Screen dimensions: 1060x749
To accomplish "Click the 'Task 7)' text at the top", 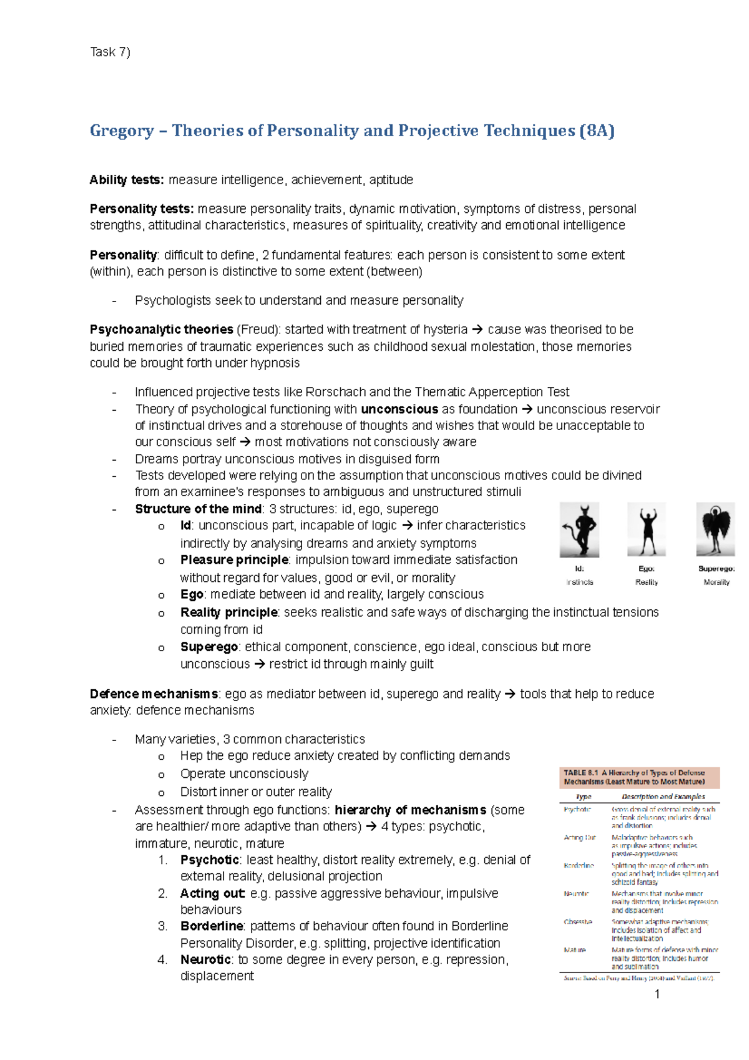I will point(110,52).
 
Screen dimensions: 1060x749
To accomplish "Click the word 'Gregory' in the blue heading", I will point(122,130).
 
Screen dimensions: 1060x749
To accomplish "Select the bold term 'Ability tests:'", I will point(127,180).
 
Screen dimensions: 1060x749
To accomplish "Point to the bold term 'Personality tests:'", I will point(142,209).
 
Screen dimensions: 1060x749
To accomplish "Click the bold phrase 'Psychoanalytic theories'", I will point(161,330).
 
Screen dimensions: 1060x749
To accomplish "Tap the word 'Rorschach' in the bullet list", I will point(335,392).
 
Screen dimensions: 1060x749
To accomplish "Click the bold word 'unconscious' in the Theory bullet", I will point(399,410).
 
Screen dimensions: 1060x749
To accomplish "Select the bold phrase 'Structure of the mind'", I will point(198,509).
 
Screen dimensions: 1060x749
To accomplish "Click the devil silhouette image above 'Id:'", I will point(579,529).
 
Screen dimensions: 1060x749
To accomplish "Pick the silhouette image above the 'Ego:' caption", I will point(646,529).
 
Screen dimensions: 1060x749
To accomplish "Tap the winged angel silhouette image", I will point(715,529).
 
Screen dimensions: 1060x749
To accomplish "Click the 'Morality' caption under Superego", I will point(716,582).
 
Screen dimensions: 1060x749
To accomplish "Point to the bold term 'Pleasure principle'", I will point(234,560).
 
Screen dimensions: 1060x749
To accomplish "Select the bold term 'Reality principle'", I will point(228,612).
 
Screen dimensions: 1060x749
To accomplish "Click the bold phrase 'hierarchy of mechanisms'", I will point(410,810).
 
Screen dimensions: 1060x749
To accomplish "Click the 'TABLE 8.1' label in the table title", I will point(580,773).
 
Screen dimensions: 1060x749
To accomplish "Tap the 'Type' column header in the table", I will point(583,797).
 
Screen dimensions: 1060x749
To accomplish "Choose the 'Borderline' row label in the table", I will point(579,866).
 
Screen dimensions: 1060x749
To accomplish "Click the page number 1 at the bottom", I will point(657,994).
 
